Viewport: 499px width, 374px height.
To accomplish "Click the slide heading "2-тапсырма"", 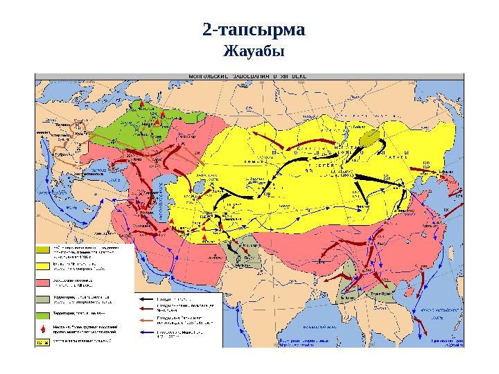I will pyautogui.click(x=253, y=30).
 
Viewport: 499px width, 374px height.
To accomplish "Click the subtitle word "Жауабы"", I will pyautogui.click(x=253, y=51).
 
